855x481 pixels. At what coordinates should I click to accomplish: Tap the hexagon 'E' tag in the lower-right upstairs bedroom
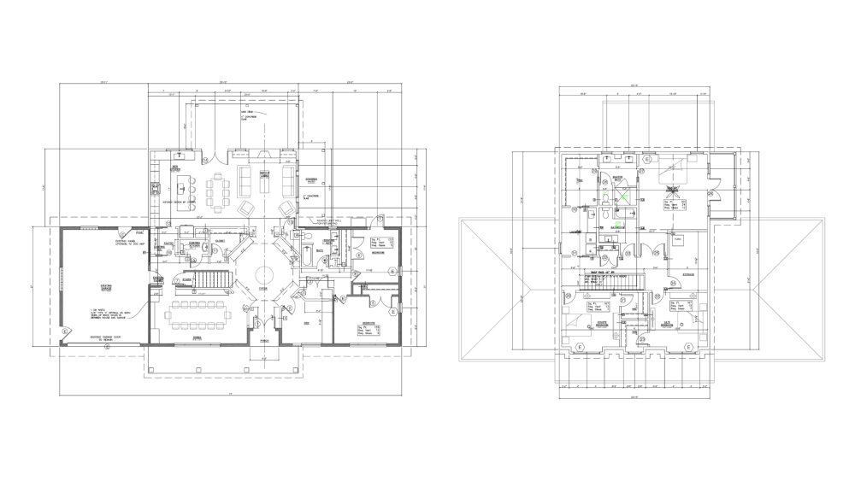688,347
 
